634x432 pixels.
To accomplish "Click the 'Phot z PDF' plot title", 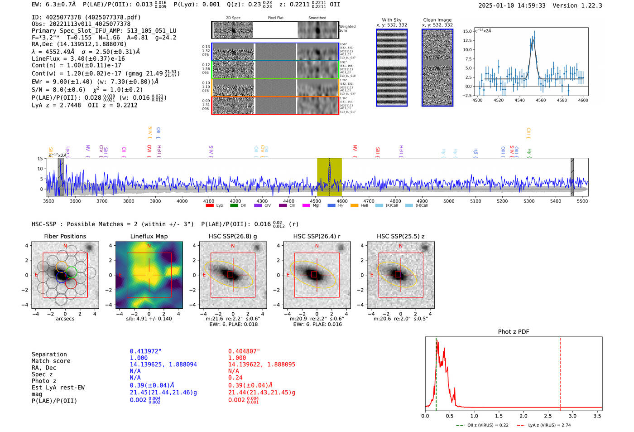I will (x=514, y=332).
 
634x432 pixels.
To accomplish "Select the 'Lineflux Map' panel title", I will (x=149, y=236).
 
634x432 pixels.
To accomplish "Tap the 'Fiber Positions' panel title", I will (x=65, y=236).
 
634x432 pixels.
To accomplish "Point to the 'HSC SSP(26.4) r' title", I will (x=317, y=236).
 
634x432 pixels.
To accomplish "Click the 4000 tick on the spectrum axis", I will (x=182, y=201).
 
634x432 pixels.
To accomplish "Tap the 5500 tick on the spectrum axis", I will (x=582, y=201).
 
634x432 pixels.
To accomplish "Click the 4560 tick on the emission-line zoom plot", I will (x=541, y=100).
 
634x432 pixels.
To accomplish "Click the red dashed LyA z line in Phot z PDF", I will (x=560, y=372).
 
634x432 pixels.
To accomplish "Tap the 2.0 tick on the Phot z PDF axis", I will (x=524, y=416).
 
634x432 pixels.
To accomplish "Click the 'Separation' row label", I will (x=49, y=354).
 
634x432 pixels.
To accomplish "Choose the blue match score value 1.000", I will (x=139, y=358).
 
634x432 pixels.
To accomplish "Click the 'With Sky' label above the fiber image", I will (x=392, y=20).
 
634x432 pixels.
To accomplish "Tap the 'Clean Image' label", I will (x=437, y=20).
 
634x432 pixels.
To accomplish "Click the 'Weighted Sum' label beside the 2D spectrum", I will (x=347, y=29).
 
